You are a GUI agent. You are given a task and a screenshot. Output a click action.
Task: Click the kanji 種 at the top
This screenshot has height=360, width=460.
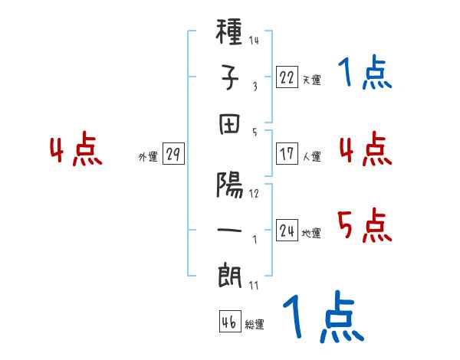click(228, 31)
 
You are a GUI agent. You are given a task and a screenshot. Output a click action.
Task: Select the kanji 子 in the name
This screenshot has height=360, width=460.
click(229, 77)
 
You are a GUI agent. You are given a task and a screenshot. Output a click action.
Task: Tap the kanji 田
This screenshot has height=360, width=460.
click(229, 124)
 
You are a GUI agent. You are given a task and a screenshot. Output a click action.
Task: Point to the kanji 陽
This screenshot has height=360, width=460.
click(229, 185)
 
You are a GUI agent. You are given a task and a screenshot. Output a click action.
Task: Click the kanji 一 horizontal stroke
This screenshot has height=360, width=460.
click(229, 230)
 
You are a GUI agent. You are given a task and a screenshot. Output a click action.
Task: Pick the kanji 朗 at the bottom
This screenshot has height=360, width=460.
click(229, 276)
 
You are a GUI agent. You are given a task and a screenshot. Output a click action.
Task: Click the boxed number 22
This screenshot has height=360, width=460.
click(287, 77)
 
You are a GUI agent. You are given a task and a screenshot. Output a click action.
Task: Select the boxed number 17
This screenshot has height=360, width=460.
click(287, 154)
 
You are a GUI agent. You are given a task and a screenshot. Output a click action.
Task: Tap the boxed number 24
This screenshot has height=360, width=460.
click(287, 230)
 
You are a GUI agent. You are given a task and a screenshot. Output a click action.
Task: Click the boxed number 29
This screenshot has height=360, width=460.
click(173, 153)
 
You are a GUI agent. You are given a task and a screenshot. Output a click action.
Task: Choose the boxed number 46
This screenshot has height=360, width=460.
click(230, 321)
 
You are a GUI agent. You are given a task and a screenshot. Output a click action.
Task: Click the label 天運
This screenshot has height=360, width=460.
click(312, 80)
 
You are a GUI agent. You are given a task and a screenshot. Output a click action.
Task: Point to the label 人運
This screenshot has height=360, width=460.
click(312, 156)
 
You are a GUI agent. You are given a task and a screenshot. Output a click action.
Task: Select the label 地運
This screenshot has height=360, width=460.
click(311, 233)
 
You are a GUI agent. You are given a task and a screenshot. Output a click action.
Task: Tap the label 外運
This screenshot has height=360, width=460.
click(148, 156)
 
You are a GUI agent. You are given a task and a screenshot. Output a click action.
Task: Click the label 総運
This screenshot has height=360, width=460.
click(255, 324)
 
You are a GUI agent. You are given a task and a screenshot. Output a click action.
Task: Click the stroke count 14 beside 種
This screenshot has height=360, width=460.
click(254, 40)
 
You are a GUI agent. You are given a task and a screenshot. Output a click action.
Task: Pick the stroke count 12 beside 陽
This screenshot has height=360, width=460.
click(254, 194)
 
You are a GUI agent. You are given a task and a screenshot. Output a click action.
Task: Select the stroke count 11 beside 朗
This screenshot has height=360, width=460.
click(254, 285)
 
